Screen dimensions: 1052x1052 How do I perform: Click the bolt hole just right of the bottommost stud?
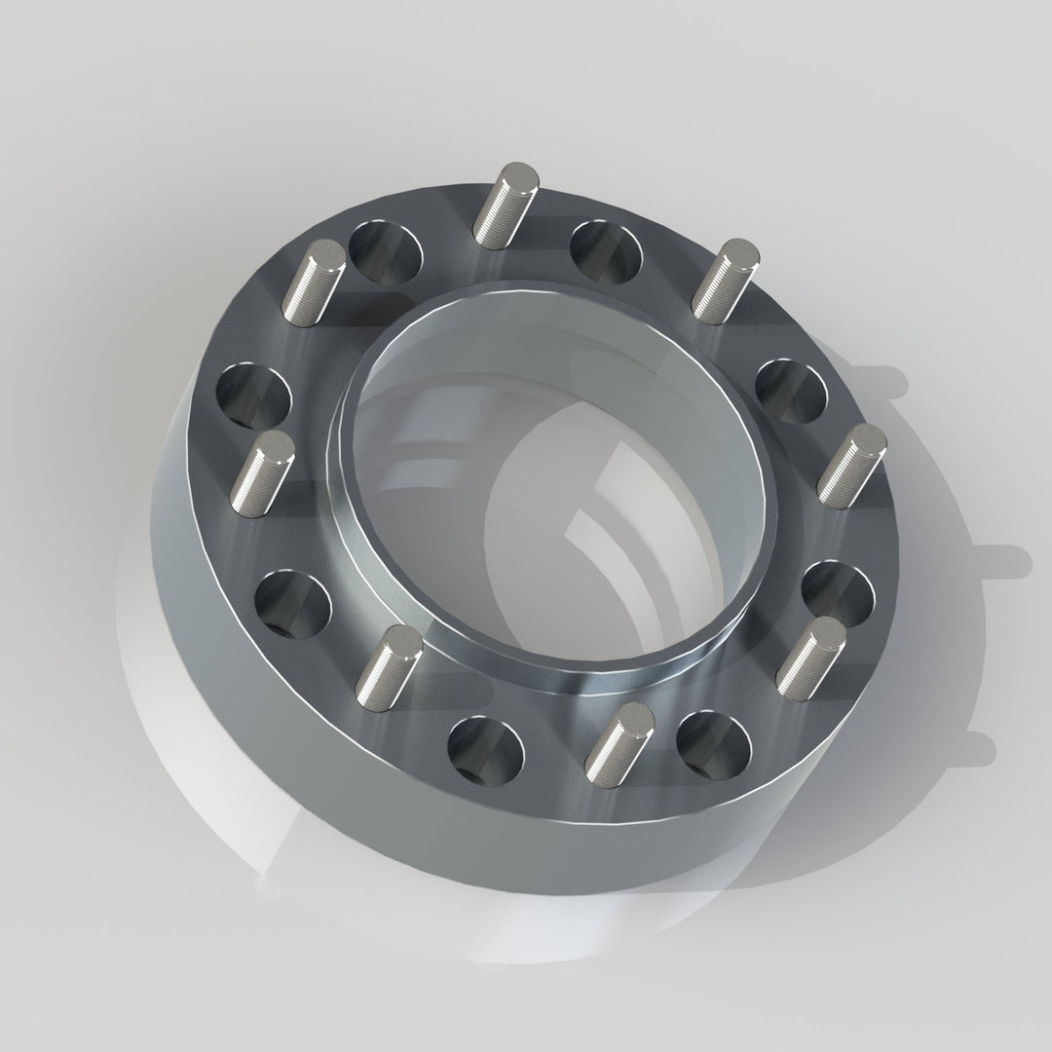[x=715, y=743]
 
